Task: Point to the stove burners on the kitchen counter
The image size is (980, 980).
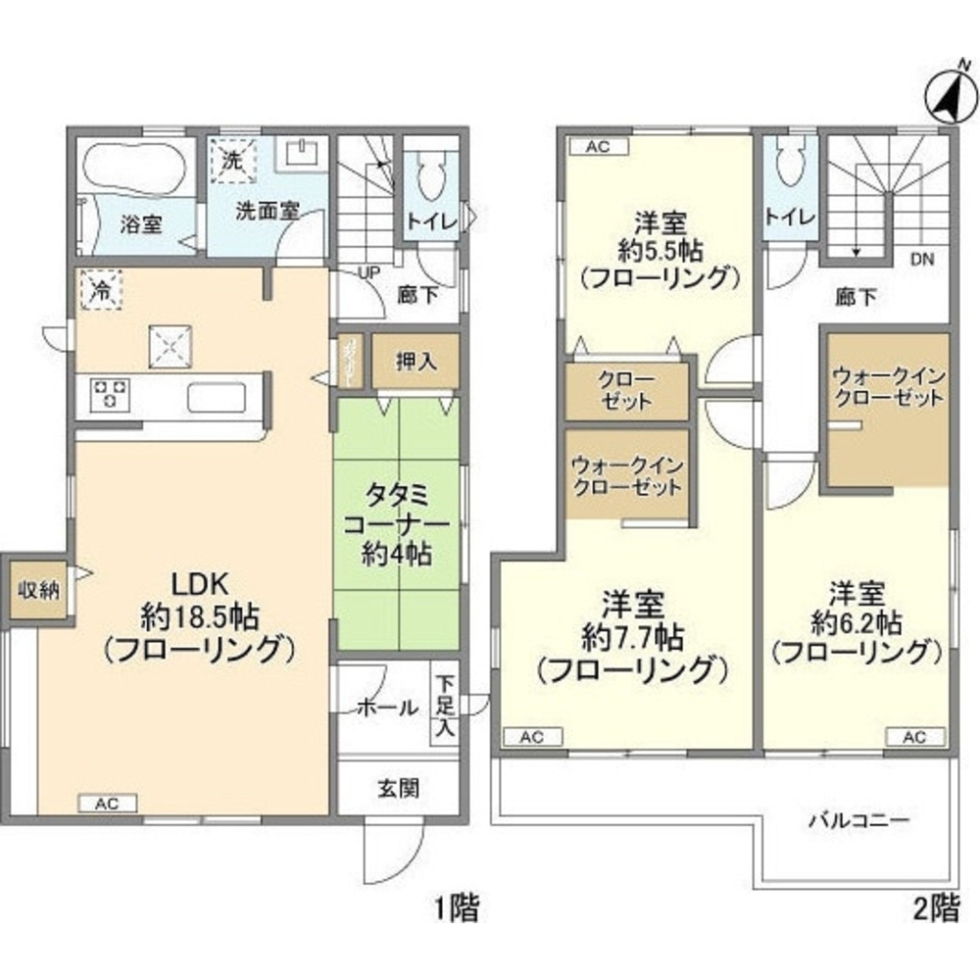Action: tap(110, 395)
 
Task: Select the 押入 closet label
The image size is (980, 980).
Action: tap(401, 360)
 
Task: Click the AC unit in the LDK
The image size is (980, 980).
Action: tap(107, 804)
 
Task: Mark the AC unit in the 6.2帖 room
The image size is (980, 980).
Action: tap(915, 737)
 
